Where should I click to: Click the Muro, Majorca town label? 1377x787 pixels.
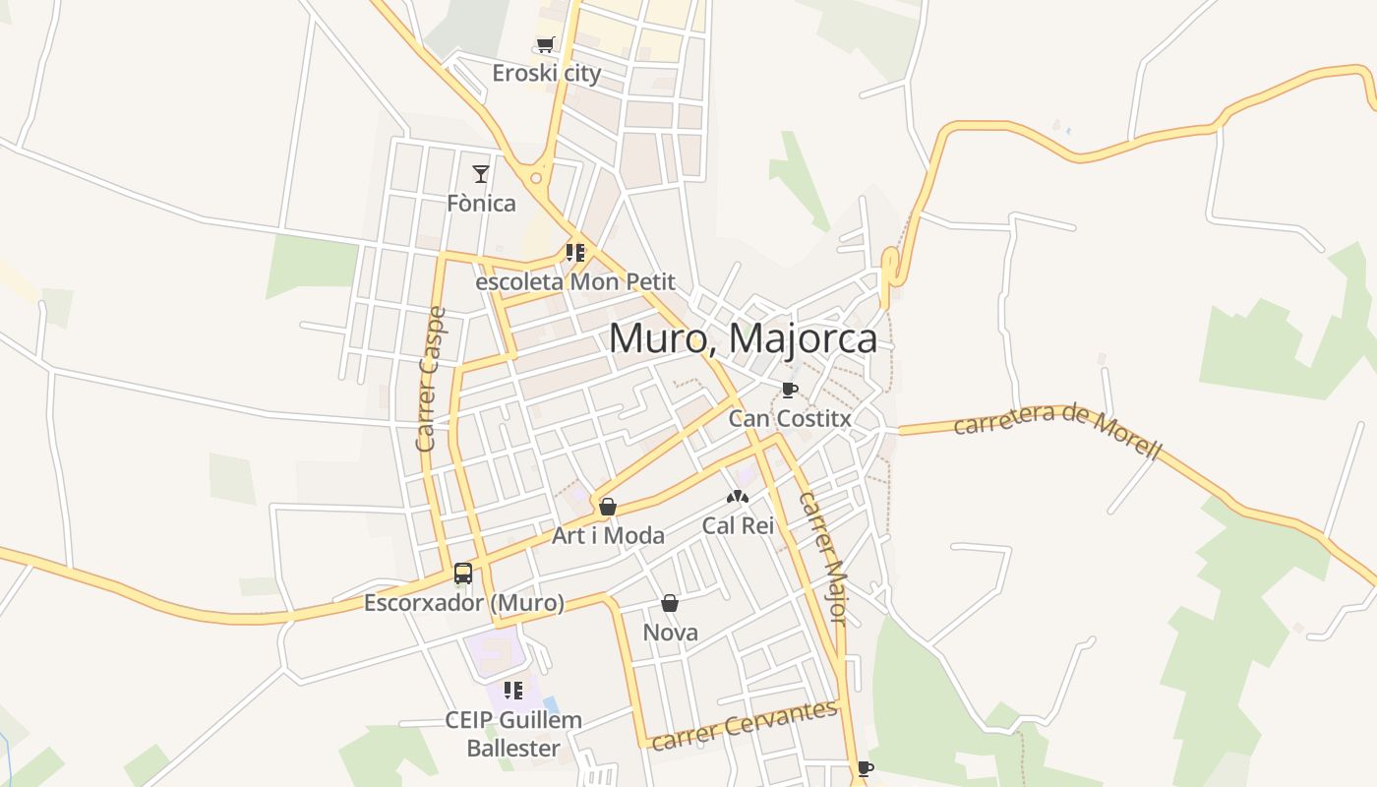pos(743,338)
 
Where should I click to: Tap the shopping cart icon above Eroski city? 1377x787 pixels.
pos(546,44)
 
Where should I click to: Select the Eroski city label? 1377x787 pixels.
pos(546,74)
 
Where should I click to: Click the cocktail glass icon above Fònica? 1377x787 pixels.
pos(481,174)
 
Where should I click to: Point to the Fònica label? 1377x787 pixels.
pos(481,204)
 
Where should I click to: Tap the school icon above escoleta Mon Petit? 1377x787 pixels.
pos(575,253)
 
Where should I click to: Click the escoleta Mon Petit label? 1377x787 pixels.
pos(575,282)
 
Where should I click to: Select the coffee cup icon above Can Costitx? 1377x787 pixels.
pos(789,390)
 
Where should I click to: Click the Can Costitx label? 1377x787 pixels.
pos(789,418)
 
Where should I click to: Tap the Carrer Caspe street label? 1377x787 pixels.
pos(431,380)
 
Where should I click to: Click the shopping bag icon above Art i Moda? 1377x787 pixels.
pos(608,507)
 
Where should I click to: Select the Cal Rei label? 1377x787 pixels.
pos(738,525)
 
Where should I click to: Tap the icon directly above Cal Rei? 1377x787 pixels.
pos(738,497)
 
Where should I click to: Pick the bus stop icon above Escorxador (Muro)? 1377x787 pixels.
pos(463,573)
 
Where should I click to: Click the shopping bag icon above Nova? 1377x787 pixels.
pos(670,602)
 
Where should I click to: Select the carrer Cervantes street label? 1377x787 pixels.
pos(745,725)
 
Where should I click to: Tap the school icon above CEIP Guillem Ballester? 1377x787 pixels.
pos(512,691)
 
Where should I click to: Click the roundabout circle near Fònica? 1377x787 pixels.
pos(537,179)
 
